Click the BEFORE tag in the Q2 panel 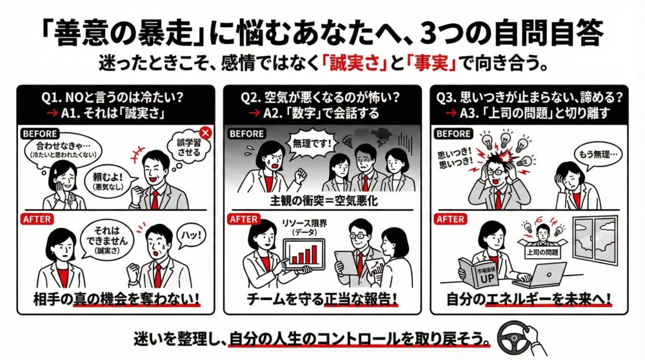click(x=246, y=134)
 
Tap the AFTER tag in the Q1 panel click(x=37, y=219)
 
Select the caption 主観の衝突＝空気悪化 click(x=322, y=200)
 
